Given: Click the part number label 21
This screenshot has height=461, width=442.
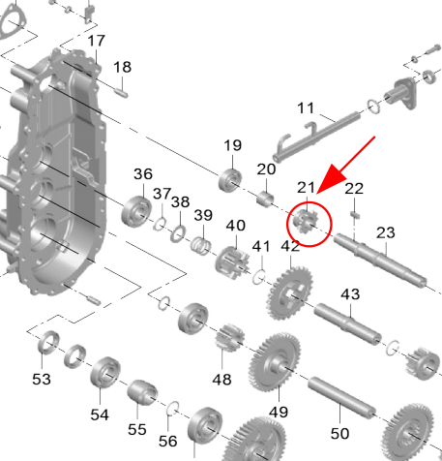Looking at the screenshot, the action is pos(306,188).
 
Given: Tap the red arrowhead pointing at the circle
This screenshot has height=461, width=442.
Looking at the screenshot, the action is pos(332,180).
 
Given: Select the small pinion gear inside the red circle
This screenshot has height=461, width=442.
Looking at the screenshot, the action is pos(306,222).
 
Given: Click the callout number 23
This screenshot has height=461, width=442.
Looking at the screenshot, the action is pos(386,232).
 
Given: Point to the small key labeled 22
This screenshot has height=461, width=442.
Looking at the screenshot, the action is pos(355,215).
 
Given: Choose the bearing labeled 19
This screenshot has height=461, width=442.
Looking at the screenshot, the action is pos(230,180).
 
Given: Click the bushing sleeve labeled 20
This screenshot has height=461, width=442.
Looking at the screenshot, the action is pos(265,200).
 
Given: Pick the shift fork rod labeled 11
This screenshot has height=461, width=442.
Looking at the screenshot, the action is pos(316,137).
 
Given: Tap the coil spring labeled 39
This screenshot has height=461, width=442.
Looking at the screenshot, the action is pos(201,245).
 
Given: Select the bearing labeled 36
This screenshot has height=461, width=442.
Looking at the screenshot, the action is pos(136,211).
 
